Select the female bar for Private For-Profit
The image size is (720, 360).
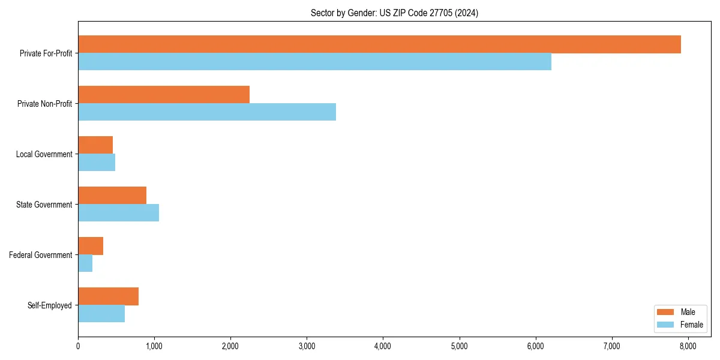(x=314, y=62)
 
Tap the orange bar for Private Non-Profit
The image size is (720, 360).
(x=164, y=95)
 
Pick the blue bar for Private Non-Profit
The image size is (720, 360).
(x=207, y=112)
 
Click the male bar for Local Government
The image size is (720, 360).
(x=95, y=145)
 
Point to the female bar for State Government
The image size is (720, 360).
(x=118, y=213)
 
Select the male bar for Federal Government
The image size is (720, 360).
(x=91, y=246)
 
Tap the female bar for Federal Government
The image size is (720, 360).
(x=85, y=263)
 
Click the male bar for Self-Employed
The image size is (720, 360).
(x=108, y=296)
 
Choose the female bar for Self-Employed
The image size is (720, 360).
(x=101, y=314)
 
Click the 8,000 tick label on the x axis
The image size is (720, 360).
(x=688, y=346)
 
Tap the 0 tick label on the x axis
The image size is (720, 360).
(x=78, y=346)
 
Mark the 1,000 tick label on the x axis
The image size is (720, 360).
(x=154, y=346)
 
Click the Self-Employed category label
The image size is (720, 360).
(x=49, y=305)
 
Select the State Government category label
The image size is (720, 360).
(x=44, y=205)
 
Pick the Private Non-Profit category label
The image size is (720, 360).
(x=44, y=104)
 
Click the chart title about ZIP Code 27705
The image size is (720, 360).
(x=394, y=13)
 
